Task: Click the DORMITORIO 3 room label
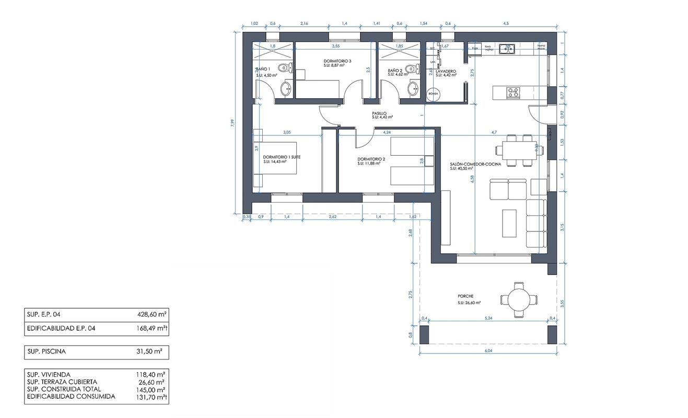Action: [x=337, y=61]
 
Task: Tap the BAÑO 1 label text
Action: [x=263, y=69]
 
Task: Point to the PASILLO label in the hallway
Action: [x=379, y=113]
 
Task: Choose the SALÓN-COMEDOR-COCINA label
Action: [x=475, y=164]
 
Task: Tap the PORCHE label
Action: [x=467, y=296]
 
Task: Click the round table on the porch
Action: [x=519, y=300]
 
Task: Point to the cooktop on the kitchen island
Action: [x=512, y=93]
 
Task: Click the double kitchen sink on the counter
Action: [x=506, y=49]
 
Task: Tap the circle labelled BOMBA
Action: [x=434, y=93]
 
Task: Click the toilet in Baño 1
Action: [x=284, y=67]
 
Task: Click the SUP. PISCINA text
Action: [x=46, y=352]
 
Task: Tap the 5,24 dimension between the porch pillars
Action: [x=488, y=318]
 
